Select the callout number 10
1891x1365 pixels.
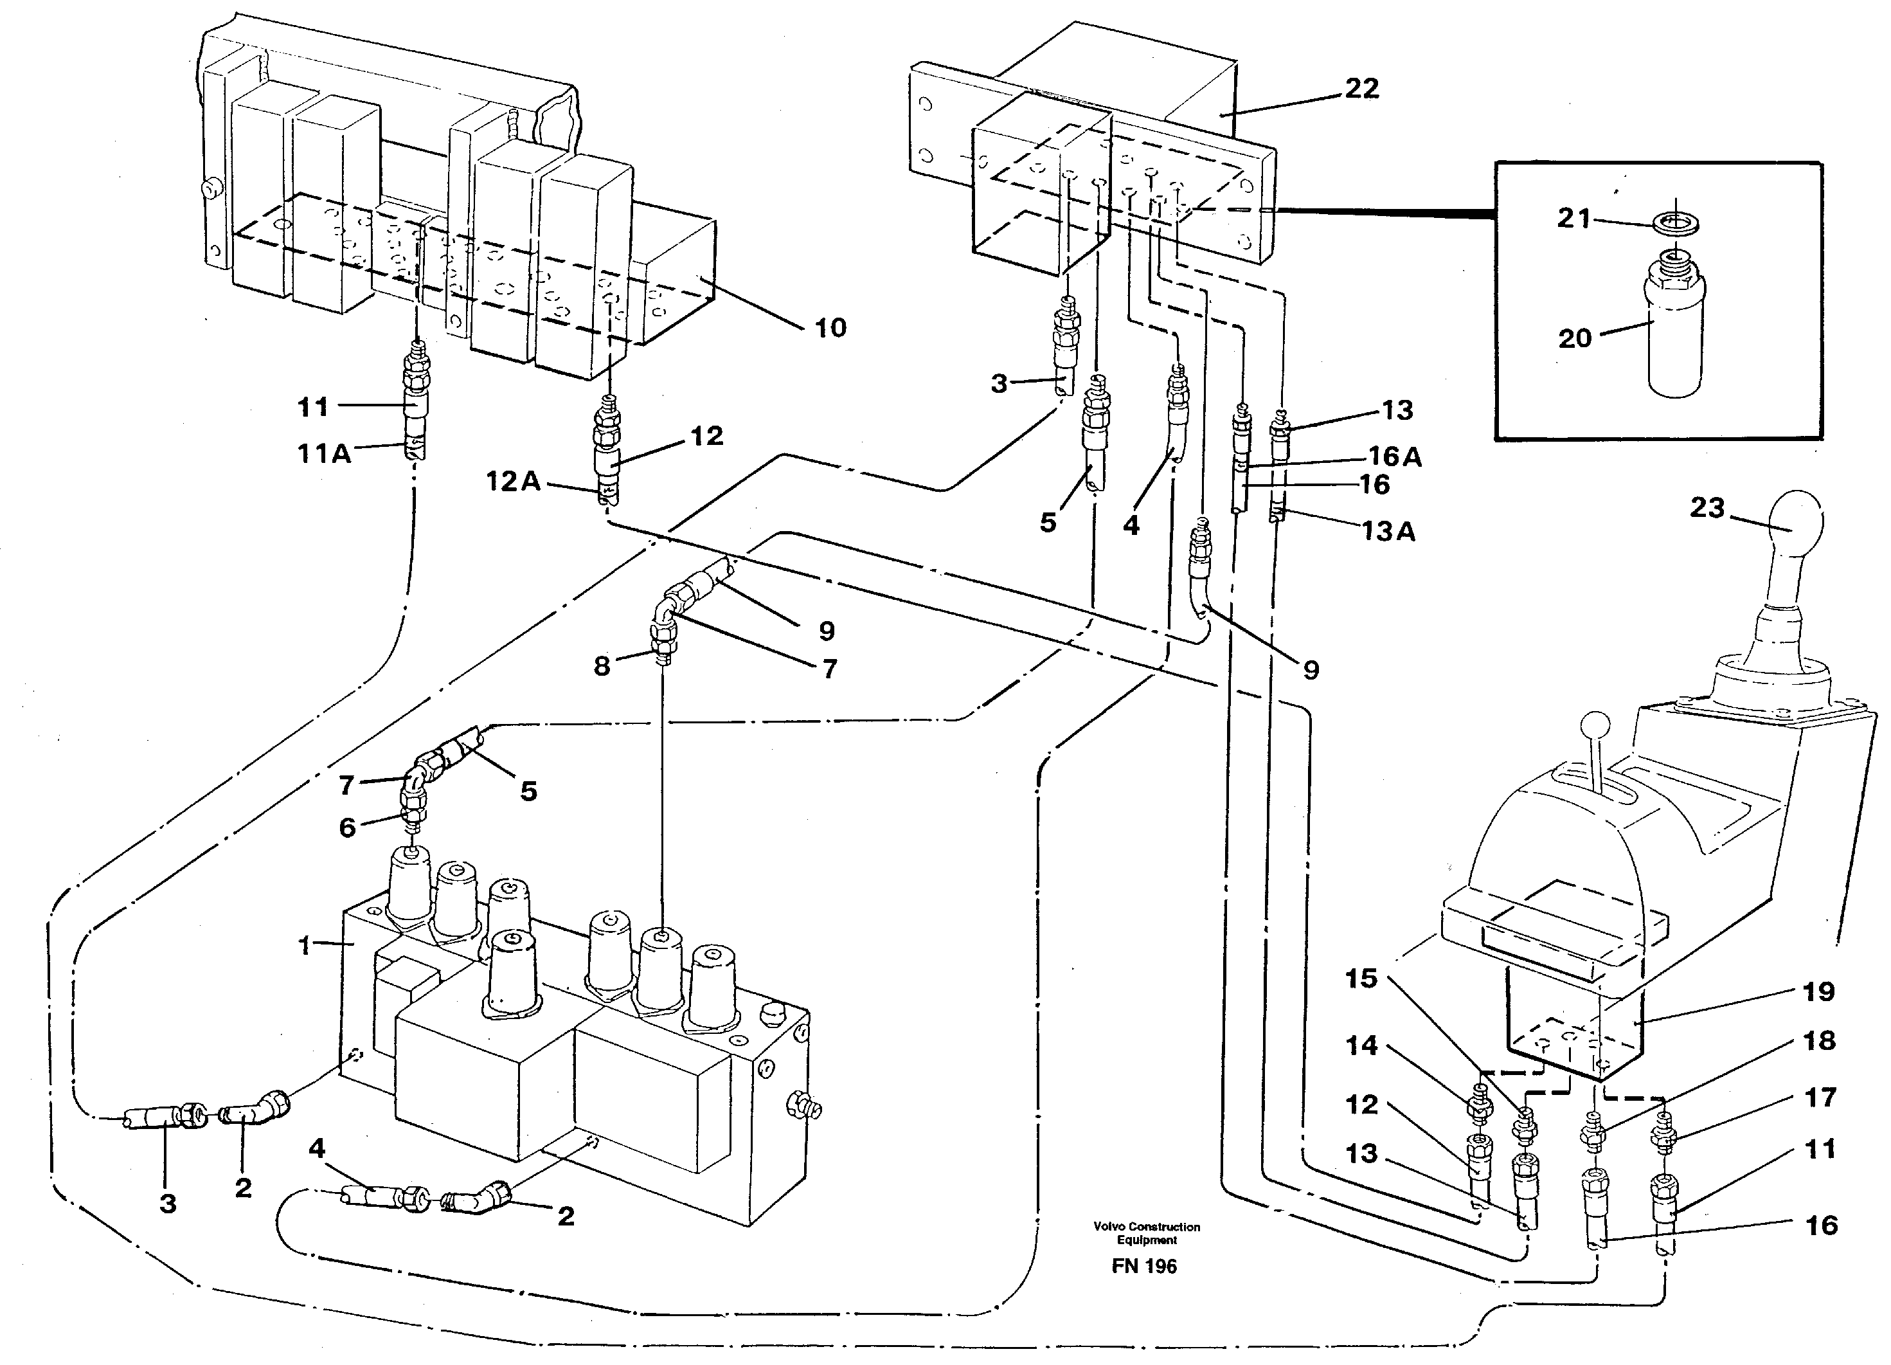(x=830, y=328)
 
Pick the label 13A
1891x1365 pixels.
(x=1388, y=531)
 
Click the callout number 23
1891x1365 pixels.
(x=1707, y=507)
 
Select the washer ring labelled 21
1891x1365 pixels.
(x=1676, y=224)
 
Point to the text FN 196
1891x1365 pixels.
(x=1144, y=1267)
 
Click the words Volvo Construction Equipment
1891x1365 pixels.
(x=1147, y=1233)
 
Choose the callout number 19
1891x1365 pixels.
(x=1818, y=991)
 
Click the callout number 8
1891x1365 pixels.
(x=602, y=665)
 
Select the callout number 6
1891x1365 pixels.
(x=347, y=827)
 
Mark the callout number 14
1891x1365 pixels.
(x=1361, y=1045)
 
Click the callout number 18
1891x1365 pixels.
(x=1818, y=1041)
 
